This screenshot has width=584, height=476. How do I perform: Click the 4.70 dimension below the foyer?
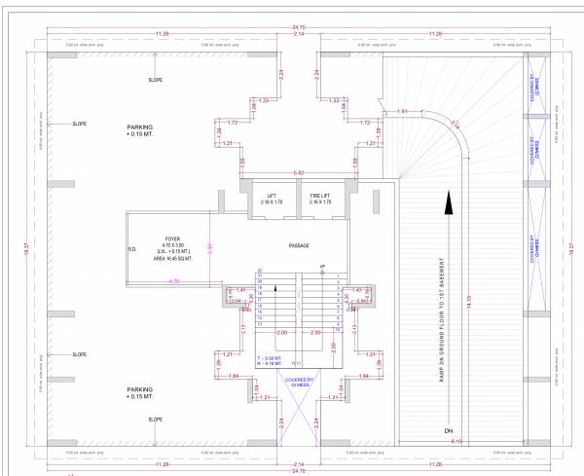click(x=174, y=280)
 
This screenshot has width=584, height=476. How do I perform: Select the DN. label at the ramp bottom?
click(x=449, y=428)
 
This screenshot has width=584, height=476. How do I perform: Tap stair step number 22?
click(x=259, y=271)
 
